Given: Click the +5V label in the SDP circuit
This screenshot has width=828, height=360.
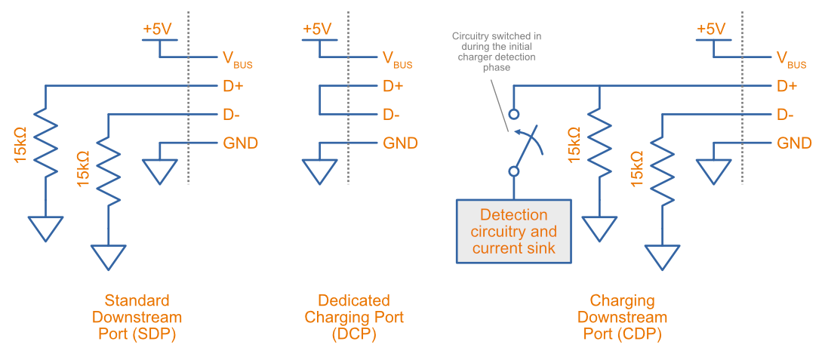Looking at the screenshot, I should pos(158,29).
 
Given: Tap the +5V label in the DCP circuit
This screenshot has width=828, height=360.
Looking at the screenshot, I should pos(317,29).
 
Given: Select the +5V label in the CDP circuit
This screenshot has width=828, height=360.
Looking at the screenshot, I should pos(710,29).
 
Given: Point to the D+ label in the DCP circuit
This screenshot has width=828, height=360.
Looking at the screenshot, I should pos(392,86).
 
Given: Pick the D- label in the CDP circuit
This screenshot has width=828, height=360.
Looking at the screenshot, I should pos(786,115).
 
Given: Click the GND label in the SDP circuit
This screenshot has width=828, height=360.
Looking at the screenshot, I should pos(241,143).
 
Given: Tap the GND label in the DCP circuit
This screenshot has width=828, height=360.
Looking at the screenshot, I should pos(400,143).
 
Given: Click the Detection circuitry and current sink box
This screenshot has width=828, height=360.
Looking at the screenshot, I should pos(513,231).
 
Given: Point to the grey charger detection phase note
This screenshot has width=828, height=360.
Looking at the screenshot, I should pos(496,51).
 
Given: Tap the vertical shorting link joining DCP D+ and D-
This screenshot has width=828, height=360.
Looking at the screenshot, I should pos(319,100).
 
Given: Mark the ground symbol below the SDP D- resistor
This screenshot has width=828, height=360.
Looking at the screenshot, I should pos(109,257).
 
